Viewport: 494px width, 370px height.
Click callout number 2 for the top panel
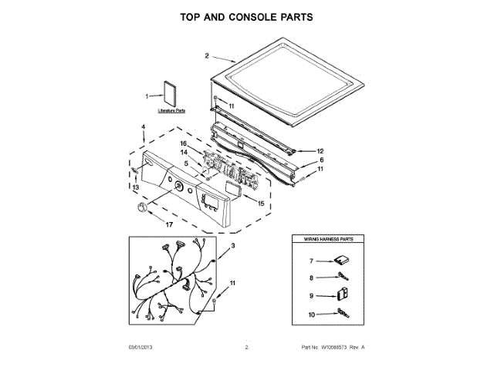click(207, 55)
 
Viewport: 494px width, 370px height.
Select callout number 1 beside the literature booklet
click(147, 96)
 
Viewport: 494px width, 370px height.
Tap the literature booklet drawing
click(170, 92)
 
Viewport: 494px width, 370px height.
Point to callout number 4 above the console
click(143, 126)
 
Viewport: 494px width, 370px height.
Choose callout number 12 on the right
click(320, 151)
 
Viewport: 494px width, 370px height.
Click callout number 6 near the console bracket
click(321, 160)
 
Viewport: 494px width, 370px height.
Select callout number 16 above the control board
click(184, 143)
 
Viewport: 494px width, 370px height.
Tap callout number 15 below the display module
click(260, 203)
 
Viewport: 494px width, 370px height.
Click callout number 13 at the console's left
click(134, 187)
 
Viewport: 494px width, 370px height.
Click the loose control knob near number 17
click(140, 208)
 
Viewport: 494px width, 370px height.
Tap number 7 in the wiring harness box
click(312, 261)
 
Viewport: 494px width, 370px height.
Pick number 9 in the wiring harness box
click(312, 295)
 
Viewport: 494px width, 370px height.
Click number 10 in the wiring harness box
click(312, 314)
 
